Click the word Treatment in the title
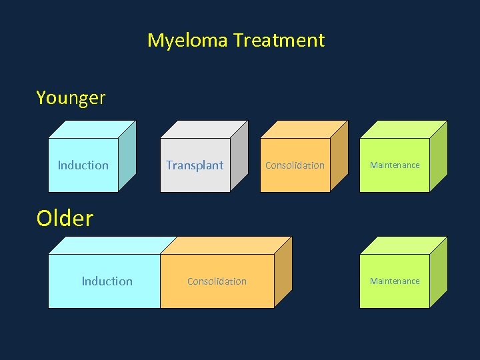(279, 40)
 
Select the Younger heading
(71, 98)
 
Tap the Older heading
(65, 219)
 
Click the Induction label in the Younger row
(83, 165)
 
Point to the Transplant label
(195, 165)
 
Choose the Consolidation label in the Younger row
(295, 165)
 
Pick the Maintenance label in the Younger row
(395, 165)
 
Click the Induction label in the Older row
(107, 281)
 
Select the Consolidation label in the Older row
(217, 281)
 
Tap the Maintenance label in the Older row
(395, 281)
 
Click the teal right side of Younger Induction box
(127, 157)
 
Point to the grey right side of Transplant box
(239, 157)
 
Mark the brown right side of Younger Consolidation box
(339, 157)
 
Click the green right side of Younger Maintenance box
(438, 157)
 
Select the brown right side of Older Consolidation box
(283, 273)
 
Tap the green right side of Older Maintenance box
(438, 273)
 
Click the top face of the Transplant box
(204, 129)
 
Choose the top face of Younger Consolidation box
(304, 129)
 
